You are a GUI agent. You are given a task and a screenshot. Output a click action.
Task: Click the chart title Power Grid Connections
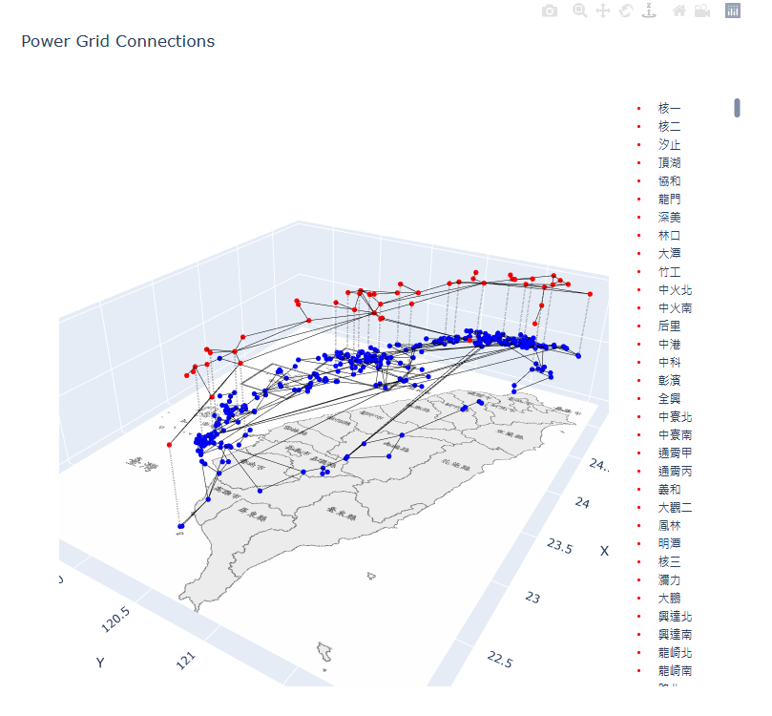[x=117, y=42]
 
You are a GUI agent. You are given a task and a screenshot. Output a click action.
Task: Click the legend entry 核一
[x=669, y=109]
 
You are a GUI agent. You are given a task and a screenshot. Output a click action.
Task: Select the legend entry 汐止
[x=669, y=145]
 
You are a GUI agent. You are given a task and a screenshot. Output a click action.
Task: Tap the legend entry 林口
[x=669, y=236]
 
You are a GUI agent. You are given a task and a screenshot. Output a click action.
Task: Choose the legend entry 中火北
[x=675, y=290]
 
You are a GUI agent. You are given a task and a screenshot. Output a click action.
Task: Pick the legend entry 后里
[x=669, y=326]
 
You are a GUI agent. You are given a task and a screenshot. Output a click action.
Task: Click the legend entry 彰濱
[x=669, y=381]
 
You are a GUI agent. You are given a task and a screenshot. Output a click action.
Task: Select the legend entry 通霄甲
[x=675, y=453]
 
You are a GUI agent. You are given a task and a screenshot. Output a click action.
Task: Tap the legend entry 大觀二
[x=675, y=508]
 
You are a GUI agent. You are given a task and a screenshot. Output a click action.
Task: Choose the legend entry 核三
[x=669, y=562]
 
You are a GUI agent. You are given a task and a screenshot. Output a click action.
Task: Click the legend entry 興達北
[x=675, y=617]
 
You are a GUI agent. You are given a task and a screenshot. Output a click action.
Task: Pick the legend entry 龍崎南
[x=675, y=671]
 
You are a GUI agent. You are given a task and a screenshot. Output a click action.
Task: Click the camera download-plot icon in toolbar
[x=550, y=11]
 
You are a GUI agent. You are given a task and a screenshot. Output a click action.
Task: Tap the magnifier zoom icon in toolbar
[x=579, y=11]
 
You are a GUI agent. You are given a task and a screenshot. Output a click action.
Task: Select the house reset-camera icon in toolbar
[x=679, y=11]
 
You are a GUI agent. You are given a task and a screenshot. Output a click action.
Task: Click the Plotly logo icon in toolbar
[x=733, y=11]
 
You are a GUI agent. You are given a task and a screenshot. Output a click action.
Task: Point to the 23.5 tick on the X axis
[x=560, y=544]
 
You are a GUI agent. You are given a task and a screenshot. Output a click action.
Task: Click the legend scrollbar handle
[x=738, y=108]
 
